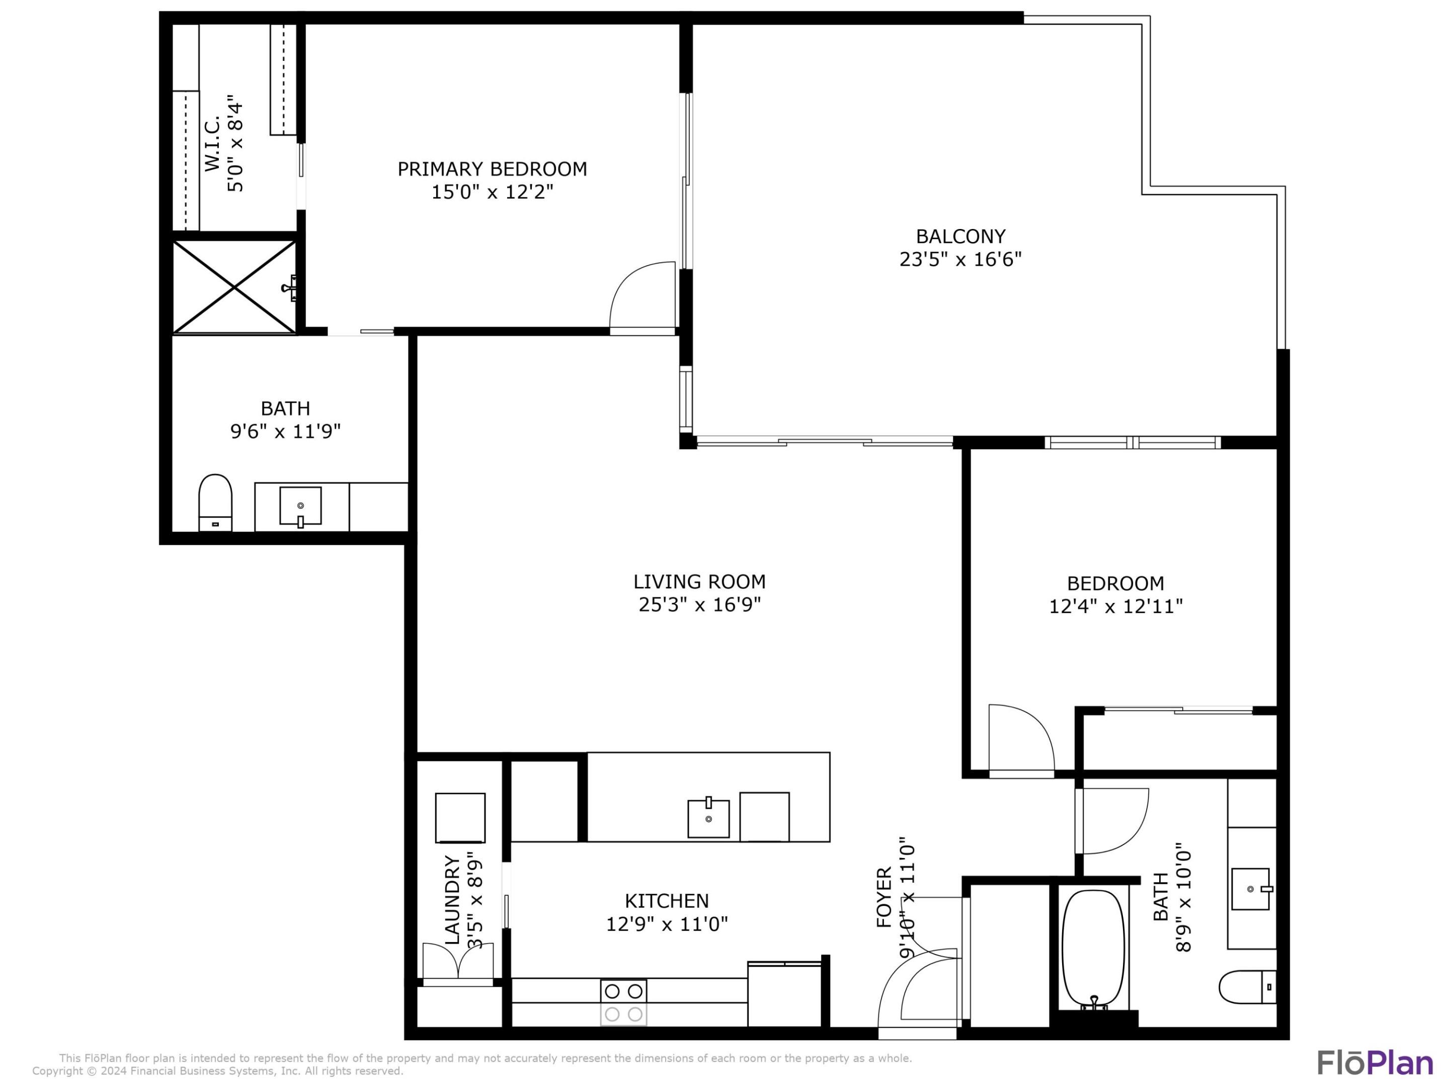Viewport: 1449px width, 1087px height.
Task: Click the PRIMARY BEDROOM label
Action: click(492, 169)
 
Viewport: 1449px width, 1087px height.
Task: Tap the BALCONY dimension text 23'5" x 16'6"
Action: click(960, 260)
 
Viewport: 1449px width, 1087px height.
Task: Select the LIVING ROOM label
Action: click(699, 581)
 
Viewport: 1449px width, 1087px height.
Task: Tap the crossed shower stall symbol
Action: click(234, 287)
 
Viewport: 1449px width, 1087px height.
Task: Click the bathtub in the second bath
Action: click(1093, 948)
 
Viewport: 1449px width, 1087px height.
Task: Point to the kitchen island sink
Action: click(708, 818)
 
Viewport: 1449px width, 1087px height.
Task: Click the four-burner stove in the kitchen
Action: click(623, 1002)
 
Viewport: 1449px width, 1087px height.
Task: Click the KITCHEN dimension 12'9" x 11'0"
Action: click(666, 924)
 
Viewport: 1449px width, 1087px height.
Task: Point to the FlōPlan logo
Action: click(1375, 1063)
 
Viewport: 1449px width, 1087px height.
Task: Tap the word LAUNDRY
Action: click(452, 900)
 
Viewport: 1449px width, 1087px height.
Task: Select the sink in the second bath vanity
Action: click(1250, 889)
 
